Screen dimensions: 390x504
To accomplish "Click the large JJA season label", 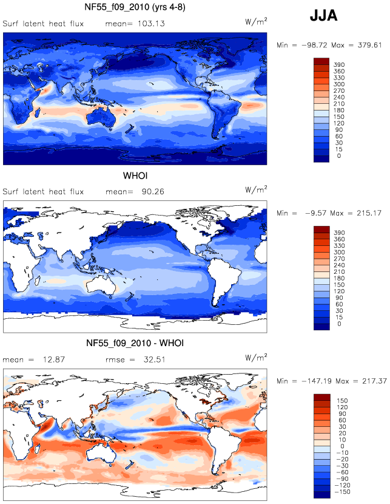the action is tap(323, 16).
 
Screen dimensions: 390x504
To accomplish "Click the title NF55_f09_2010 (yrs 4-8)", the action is tap(135, 7).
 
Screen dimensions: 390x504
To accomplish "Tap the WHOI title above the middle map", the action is tap(135, 176).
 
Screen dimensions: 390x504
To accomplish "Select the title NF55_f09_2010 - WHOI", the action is tap(135, 343).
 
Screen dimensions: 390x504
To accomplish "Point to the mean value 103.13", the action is tap(151, 24).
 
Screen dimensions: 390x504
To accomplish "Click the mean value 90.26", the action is tap(153, 191).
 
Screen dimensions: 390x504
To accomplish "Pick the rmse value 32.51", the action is tap(155, 359).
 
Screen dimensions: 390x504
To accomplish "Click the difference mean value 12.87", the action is tap(54, 359).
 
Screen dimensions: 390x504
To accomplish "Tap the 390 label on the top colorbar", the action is tap(339, 65).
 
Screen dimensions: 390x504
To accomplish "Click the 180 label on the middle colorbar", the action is tap(339, 278).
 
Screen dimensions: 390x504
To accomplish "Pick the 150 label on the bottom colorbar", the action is tap(342, 401).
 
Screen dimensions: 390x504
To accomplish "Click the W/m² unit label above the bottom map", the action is tap(256, 358).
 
